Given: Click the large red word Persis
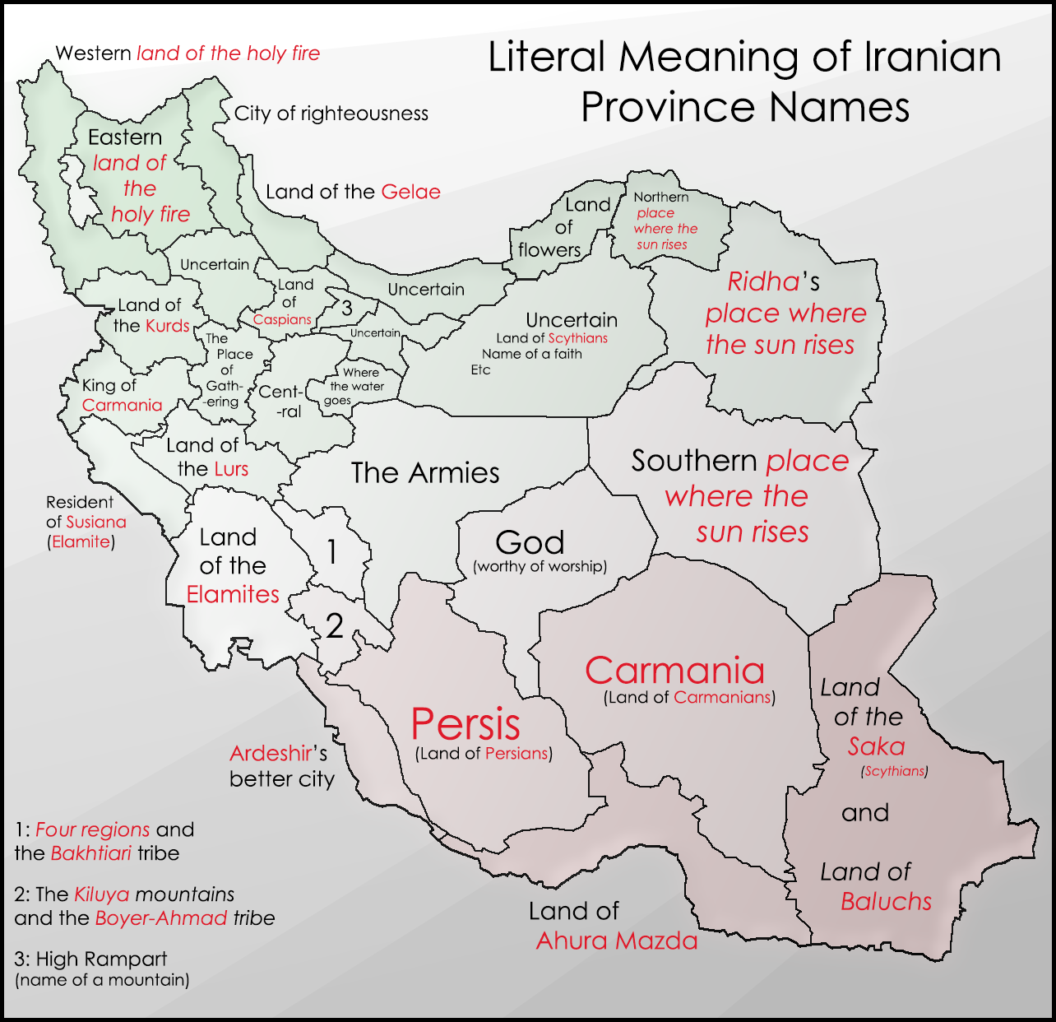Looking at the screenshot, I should tap(465, 725).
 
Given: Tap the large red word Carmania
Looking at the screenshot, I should tap(674, 671).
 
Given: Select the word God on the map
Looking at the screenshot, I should tap(530, 543).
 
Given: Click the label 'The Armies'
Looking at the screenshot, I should tap(425, 473).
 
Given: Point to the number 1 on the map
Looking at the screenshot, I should tap(331, 552).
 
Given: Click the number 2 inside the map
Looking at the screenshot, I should tap(334, 627).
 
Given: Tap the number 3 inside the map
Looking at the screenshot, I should tap(347, 309).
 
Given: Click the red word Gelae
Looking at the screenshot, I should tap(410, 192).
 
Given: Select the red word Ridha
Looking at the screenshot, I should tap(763, 282).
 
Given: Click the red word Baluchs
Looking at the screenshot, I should tap(886, 902).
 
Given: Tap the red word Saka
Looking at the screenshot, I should tap(876, 747).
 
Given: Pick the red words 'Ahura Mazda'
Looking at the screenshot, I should tap(617, 941).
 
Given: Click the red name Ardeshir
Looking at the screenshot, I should tap(271, 753).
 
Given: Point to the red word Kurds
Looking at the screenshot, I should tap(168, 326).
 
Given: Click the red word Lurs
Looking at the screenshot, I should tap(231, 469).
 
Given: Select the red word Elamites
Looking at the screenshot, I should tap(233, 594).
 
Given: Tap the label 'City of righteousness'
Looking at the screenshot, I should tap(331, 114).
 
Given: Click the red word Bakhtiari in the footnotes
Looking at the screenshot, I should tap(91, 853).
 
